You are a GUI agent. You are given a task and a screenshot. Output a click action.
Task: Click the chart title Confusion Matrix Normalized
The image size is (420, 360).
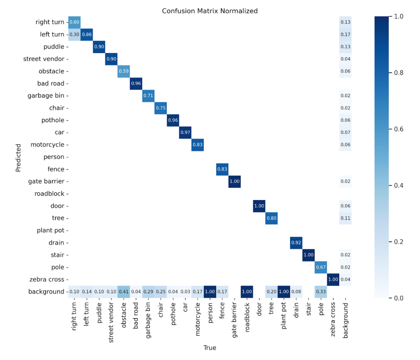pos(210,11)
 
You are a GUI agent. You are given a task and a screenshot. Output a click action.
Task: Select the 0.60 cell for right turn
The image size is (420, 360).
pos(74,22)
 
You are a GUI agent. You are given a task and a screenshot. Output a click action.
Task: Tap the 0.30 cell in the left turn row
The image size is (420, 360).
pos(74,34)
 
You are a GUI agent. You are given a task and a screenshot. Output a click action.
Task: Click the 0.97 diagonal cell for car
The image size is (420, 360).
pos(185,133)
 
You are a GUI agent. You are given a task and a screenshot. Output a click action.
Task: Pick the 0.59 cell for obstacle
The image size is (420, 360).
pos(124,71)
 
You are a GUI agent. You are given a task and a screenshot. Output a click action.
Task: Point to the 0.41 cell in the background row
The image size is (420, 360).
pos(124,292)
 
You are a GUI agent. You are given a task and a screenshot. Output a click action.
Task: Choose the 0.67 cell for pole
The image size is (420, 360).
pos(321,267)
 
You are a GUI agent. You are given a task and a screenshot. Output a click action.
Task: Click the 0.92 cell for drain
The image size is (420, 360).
pos(296,243)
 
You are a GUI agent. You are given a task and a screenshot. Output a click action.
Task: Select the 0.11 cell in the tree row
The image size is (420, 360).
pos(346,218)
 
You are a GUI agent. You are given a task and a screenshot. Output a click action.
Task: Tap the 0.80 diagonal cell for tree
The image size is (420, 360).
pos(272,218)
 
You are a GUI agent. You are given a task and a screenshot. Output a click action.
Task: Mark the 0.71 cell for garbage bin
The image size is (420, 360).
pos(148,96)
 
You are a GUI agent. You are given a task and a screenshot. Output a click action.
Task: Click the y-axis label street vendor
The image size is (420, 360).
pos(44,59)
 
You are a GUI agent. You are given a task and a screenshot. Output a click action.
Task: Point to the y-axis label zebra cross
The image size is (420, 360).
pos(47,280)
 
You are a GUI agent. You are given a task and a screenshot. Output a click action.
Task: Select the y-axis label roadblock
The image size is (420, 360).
pos(50,194)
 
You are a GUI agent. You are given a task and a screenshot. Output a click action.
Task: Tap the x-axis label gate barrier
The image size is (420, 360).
pos(234,320)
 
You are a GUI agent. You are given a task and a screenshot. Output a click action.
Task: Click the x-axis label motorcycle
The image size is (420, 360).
pos(198,319)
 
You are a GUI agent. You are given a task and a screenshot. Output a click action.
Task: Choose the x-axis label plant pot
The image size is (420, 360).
pos(284,315)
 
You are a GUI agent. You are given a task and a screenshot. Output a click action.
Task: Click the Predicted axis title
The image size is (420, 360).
pos(18,158)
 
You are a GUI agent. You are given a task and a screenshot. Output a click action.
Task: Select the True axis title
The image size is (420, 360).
pos(210,348)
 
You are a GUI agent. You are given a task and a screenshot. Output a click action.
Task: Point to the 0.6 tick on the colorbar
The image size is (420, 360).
pos(399,129)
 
